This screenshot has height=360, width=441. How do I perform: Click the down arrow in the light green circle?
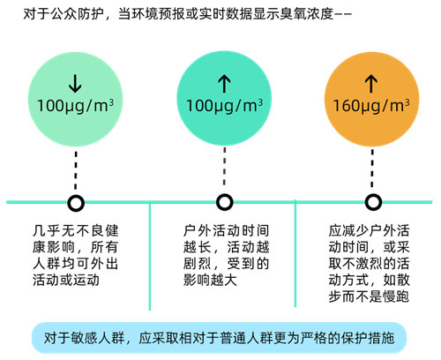pos(75,83)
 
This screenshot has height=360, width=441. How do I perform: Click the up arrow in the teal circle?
pos(224,83)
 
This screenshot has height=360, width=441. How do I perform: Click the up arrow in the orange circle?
pos(371,83)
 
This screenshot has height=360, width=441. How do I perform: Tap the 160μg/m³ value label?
pos(371,106)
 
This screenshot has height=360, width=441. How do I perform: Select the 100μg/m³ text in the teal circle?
pos(225,106)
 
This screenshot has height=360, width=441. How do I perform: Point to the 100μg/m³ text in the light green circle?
pos(76,106)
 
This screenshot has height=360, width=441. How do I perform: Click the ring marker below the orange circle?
pos(373,202)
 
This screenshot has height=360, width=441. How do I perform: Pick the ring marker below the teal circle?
pos(225,202)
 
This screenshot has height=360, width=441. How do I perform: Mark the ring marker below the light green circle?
pos(76,203)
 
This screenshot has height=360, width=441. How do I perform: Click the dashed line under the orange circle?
pos(372,169)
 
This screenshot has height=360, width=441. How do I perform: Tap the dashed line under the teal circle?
pos(225,166)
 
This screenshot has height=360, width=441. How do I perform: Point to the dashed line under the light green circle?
pos(76,170)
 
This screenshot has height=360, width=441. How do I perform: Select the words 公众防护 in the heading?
pos(78,14)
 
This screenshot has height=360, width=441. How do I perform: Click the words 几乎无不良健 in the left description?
pos(76,230)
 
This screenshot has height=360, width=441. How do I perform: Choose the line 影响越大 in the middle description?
pos(210,280)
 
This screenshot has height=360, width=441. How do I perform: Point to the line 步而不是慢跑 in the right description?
pos(369,296)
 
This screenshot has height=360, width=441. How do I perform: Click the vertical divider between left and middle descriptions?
pos(150,256)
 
